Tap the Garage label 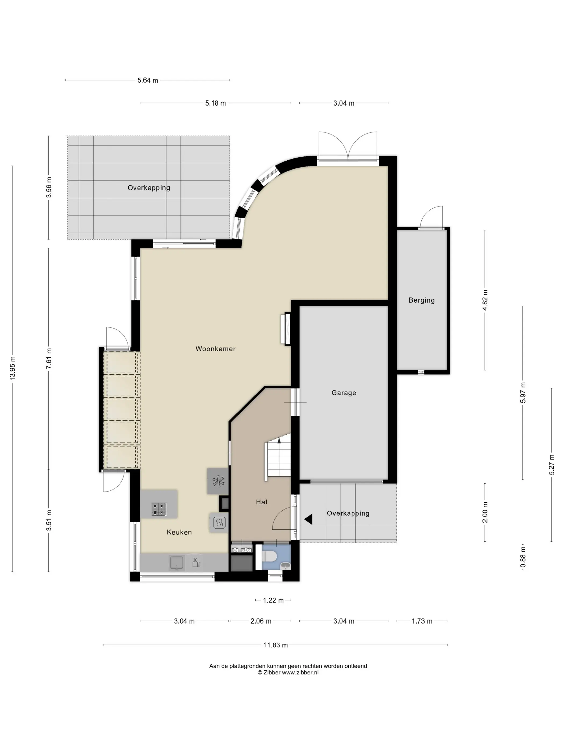tap(344, 393)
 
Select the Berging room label tap(422, 300)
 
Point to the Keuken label tap(179, 532)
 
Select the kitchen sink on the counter tap(177, 563)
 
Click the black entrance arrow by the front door tap(308, 519)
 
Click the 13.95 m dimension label tap(13, 368)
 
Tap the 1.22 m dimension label tap(273, 600)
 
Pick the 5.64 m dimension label tap(147, 81)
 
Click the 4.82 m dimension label tap(485, 300)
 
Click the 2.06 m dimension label tap(261, 621)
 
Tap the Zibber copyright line tap(288, 672)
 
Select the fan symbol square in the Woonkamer tap(218, 481)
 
